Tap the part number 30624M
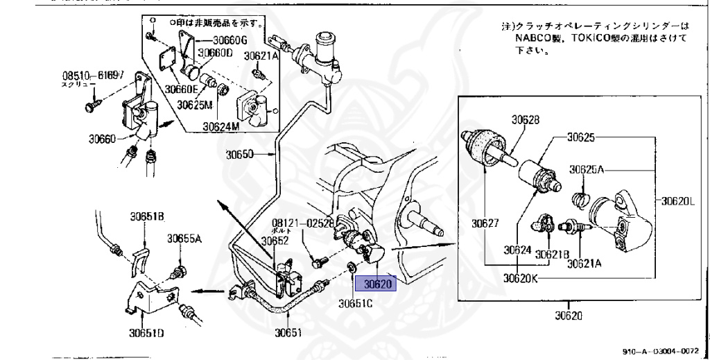[x=221, y=126]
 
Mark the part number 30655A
[x=184, y=238]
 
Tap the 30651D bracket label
[x=146, y=332]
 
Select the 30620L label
[x=678, y=202]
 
